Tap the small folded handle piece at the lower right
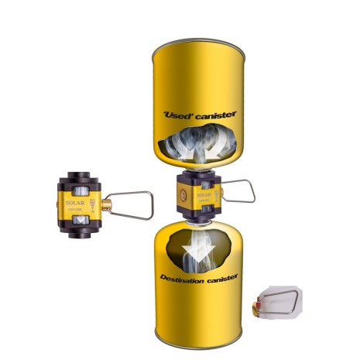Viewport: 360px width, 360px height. coord(278,300)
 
